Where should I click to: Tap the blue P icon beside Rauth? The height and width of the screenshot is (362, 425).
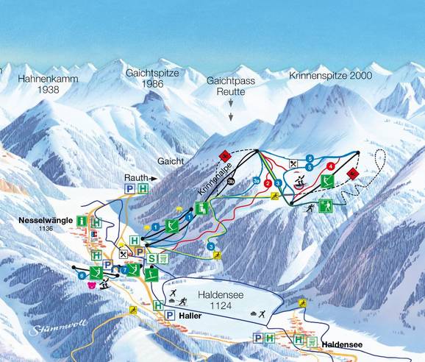(x=129, y=189)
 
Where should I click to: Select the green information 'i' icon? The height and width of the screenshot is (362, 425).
(x=82, y=221)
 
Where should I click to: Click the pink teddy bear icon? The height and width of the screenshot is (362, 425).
(x=91, y=285)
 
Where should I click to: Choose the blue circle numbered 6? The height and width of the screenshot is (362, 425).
(x=81, y=274)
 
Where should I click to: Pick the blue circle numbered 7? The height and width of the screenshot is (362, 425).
(x=124, y=270)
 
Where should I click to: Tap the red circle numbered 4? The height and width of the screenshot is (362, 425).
(x=332, y=166)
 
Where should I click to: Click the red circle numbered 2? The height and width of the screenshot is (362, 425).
(x=268, y=183)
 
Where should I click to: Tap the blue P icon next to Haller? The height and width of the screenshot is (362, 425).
(x=170, y=315)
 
